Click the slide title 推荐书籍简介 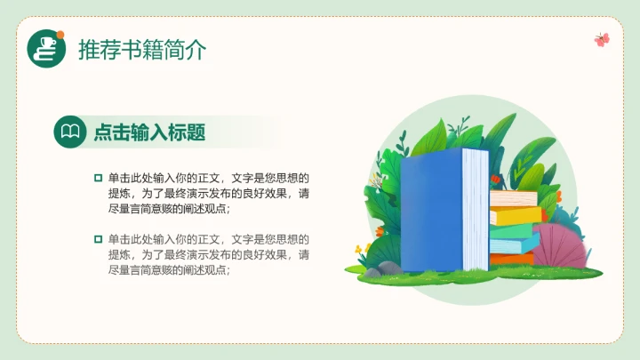(x=142, y=50)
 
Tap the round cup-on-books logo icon (x=47, y=49)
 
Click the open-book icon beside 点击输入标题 (x=70, y=132)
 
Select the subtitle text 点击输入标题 (x=149, y=133)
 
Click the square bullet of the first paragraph (x=99, y=178)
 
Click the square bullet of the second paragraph (x=99, y=239)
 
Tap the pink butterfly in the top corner (x=602, y=39)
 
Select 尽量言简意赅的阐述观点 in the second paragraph (x=169, y=270)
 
